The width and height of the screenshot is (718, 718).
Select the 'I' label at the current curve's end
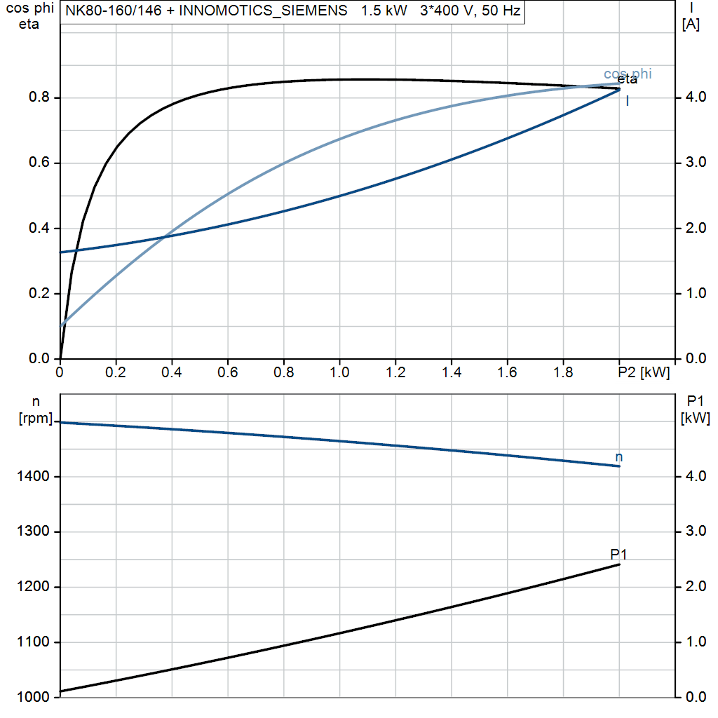click(x=627, y=101)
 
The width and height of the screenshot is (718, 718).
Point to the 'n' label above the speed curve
click(x=618, y=457)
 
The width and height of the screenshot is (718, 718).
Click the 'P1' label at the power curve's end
click(x=618, y=554)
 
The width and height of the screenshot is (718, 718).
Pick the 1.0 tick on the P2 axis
click(x=339, y=372)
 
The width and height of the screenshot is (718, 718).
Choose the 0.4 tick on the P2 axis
click(x=172, y=372)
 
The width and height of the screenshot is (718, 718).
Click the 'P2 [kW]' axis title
click(x=644, y=372)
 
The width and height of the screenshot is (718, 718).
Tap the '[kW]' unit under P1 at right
click(x=696, y=419)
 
